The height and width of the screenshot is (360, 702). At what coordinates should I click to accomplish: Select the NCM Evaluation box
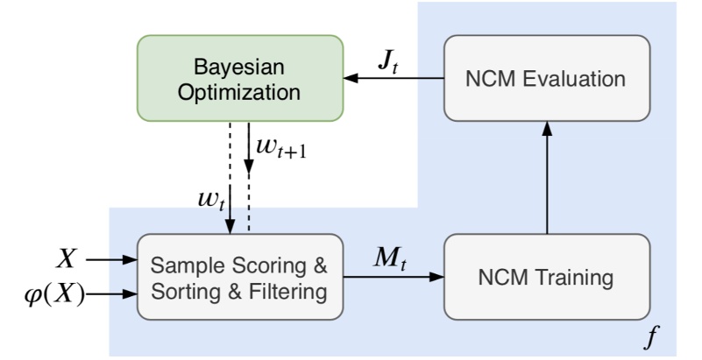[x=547, y=78]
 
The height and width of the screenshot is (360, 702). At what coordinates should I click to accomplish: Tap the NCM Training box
[x=547, y=279]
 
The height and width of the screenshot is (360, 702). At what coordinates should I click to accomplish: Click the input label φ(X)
[x=54, y=294]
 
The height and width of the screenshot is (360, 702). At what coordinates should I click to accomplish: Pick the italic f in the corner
[x=650, y=334]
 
